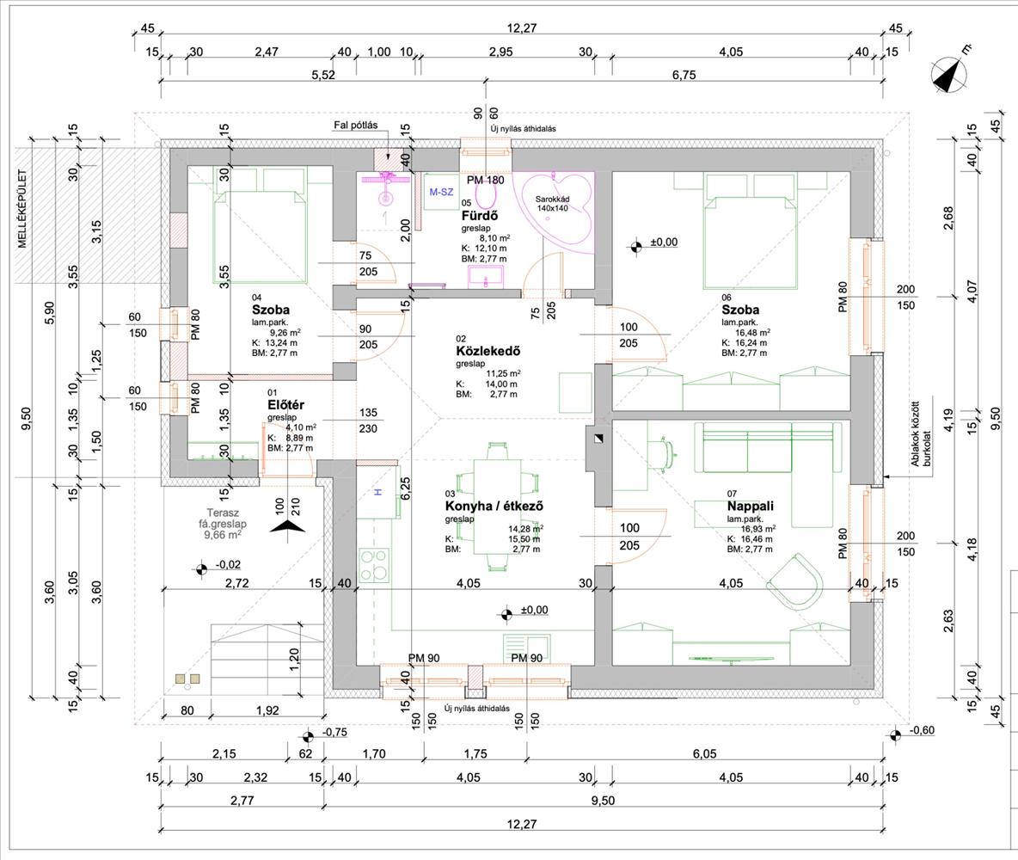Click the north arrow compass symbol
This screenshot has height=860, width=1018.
948,75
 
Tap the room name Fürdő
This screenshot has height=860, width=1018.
480,216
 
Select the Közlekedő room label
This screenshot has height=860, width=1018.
488,352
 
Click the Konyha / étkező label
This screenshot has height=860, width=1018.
494,506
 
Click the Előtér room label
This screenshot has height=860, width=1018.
285,405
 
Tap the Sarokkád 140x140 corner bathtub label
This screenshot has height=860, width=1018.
553,204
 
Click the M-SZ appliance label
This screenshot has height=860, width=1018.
441,193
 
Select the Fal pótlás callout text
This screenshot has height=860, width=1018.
356,126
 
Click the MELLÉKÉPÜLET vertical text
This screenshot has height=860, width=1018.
22,208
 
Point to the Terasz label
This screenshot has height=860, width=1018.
223,513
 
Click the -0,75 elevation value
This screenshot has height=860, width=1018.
334,733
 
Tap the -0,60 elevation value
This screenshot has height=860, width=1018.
922,731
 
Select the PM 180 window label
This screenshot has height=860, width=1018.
486,180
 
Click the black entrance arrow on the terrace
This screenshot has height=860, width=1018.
287,525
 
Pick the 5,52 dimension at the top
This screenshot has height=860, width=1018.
323,75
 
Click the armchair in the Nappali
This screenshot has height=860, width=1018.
796,580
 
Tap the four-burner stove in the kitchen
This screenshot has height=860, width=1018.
374,565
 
